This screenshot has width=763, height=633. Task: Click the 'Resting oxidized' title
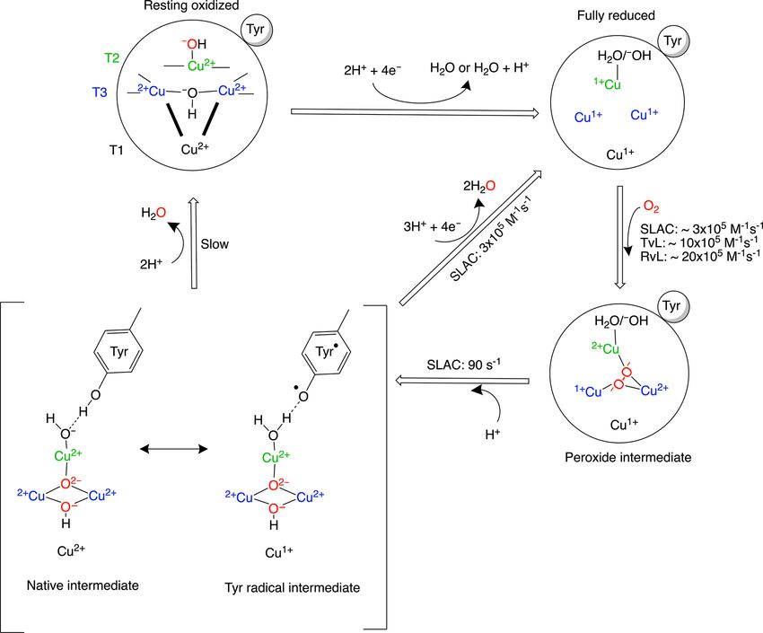191,6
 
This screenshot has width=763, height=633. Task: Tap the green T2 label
112,58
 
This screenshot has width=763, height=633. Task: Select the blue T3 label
100,92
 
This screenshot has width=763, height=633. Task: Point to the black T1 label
116,150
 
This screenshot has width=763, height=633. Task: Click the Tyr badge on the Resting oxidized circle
256,30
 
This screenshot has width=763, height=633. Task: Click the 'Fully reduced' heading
616,15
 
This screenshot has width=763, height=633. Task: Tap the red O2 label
651,207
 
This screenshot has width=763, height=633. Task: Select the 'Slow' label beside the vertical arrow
215,243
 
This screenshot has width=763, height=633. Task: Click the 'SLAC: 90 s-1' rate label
464,365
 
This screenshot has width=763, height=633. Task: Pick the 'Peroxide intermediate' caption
627,457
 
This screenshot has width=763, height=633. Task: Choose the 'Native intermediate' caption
83,585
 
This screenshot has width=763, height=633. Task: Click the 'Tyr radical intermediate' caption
292,588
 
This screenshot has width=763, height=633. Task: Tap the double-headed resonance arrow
174,449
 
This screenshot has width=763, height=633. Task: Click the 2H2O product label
478,186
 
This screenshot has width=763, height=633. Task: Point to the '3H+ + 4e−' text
432,226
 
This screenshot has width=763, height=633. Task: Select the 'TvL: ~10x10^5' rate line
699,242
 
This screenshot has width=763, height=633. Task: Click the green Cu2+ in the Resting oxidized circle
201,66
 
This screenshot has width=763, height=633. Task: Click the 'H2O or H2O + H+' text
479,67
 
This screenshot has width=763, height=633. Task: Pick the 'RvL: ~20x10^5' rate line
700,256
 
